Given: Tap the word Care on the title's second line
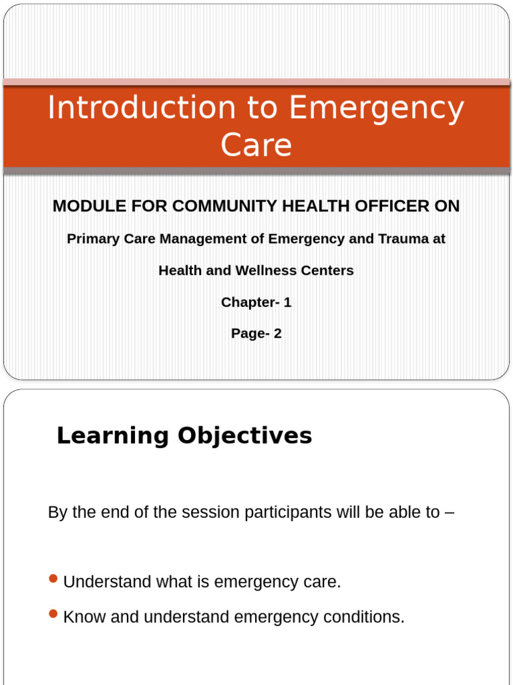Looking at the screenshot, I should click(x=256, y=145).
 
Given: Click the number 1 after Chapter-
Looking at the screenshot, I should click(x=287, y=302).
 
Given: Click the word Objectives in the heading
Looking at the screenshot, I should click(x=244, y=436).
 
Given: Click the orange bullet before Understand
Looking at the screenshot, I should click(x=54, y=579).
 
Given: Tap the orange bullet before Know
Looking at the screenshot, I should click(x=54, y=613).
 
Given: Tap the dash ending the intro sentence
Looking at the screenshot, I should click(x=450, y=513).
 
